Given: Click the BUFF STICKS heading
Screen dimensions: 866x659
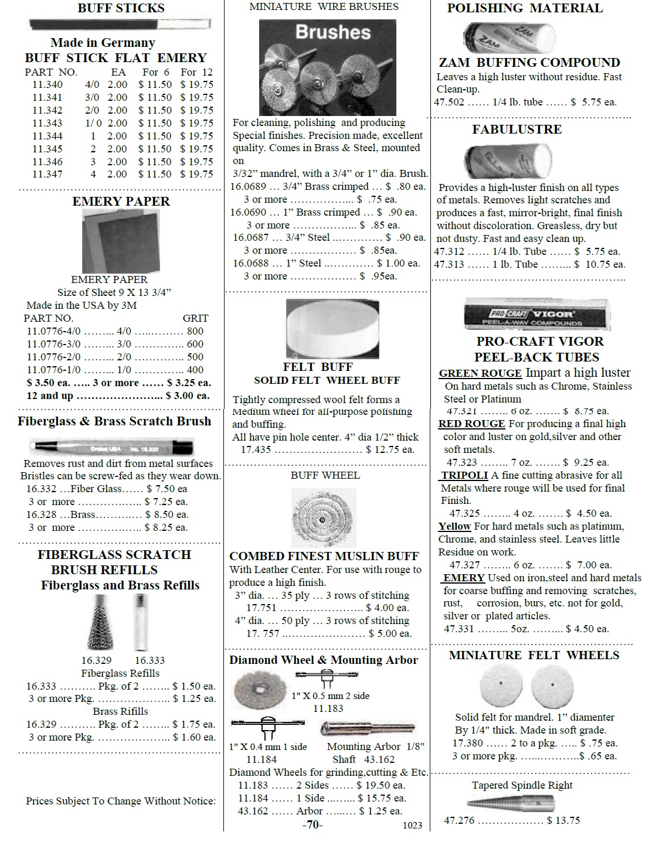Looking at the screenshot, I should (121, 8).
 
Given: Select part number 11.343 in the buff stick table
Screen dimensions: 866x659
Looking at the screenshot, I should (47, 123).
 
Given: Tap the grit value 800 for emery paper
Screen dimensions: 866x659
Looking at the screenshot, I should (195, 331).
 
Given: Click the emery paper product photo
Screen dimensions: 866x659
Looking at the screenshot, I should (120, 241).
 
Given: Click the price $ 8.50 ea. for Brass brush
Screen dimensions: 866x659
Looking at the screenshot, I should (167, 514).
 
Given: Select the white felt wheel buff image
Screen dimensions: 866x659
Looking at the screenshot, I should (324, 328).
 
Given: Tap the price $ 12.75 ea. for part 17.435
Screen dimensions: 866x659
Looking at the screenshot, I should (390, 450).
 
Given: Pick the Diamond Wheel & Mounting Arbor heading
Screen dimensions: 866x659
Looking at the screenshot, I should (323, 660).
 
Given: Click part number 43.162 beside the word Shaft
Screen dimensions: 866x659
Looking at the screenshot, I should (379, 759).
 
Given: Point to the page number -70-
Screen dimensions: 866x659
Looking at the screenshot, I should (312, 824).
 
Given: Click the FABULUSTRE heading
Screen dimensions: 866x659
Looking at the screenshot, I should (517, 129).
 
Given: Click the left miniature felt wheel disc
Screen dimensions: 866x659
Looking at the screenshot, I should (501, 684).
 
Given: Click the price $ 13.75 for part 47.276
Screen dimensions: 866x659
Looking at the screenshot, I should (563, 820).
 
